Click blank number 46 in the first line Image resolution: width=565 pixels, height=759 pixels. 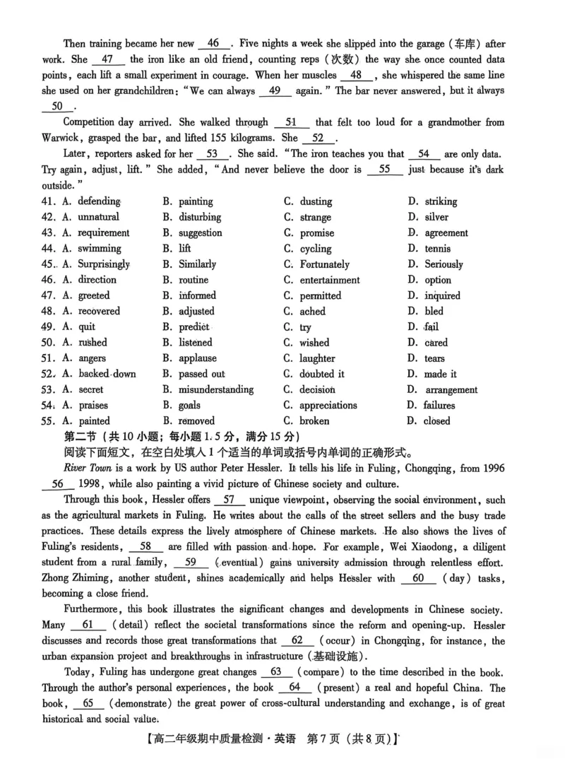point(214,44)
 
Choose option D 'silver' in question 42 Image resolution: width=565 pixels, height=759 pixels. point(436,218)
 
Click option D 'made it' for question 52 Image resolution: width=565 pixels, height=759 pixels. point(440,374)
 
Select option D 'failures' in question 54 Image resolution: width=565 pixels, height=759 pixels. point(439,406)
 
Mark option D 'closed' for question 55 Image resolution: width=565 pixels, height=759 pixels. point(436,421)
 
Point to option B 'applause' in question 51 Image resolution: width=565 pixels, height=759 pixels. point(197,358)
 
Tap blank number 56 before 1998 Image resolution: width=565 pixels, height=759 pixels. point(58,485)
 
